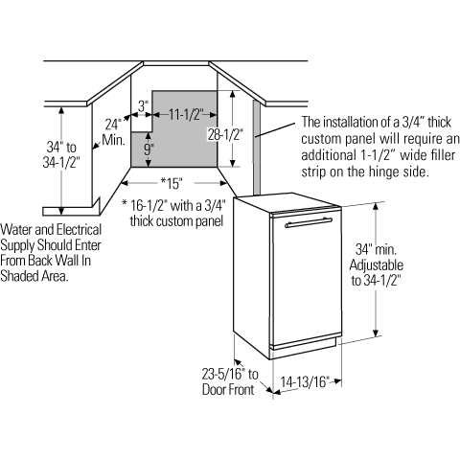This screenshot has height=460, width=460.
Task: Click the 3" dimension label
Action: (x=144, y=106)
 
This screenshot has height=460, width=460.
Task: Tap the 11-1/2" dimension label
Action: (x=186, y=114)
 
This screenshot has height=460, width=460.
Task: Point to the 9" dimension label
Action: (x=149, y=149)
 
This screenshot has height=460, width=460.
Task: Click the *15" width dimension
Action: (x=172, y=183)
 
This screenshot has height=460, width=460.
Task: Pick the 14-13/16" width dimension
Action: (x=305, y=381)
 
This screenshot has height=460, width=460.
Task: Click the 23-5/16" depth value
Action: (x=223, y=374)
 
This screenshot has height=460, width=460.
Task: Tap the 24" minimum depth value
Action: (x=113, y=125)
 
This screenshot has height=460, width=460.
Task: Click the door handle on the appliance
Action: (x=309, y=222)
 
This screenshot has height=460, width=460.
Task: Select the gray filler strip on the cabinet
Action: (x=257, y=148)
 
